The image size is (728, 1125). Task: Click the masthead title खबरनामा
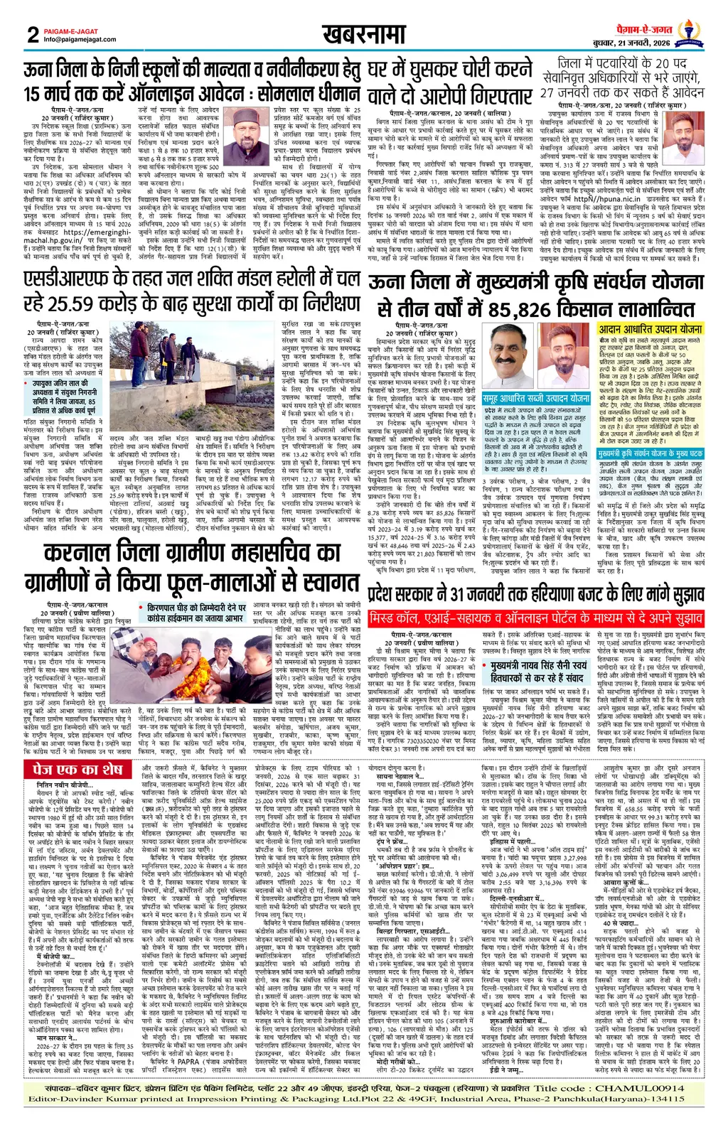coord(363,34)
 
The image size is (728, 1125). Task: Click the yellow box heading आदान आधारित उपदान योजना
coord(650,330)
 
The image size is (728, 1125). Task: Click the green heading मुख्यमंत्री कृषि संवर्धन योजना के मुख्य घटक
coord(650,452)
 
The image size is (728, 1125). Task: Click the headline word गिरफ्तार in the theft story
coord(491,95)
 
